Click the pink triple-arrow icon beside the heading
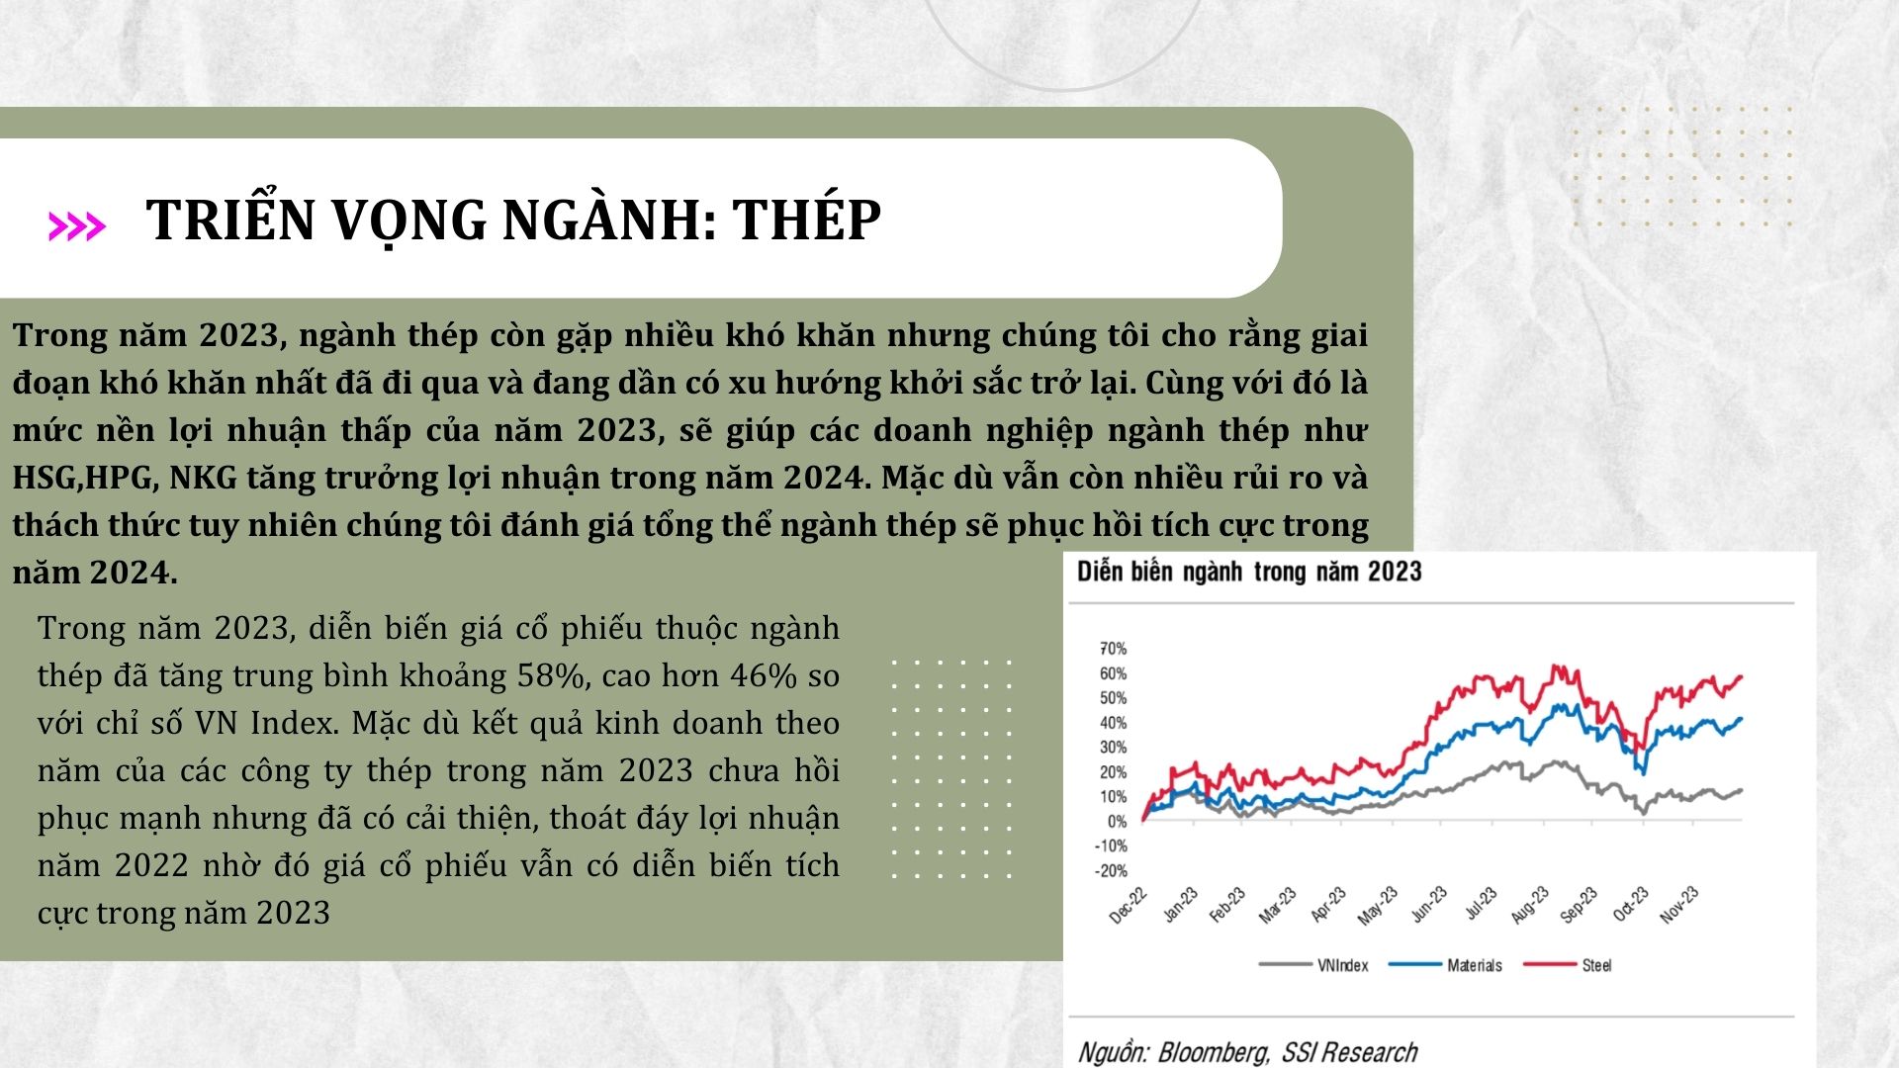click(x=76, y=226)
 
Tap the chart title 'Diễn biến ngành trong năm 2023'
click(x=1249, y=572)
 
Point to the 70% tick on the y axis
click(x=1113, y=649)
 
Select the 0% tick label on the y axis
click(x=1117, y=822)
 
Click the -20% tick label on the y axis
click(x=1111, y=871)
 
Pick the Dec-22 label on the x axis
click(x=1129, y=905)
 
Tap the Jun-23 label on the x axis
click(x=1429, y=905)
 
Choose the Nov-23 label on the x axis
click(x=1679, y=905)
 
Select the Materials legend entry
click(x=1445, y=965)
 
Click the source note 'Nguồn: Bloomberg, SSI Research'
click(x=1247, y=1052)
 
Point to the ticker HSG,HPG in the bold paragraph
click(x=83, y=479)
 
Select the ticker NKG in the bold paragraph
click(x=203, y=479)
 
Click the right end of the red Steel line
click(x=1742, y=676)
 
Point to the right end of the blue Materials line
click(x=1741, y=718)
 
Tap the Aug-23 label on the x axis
click(x=1529, y=905)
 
